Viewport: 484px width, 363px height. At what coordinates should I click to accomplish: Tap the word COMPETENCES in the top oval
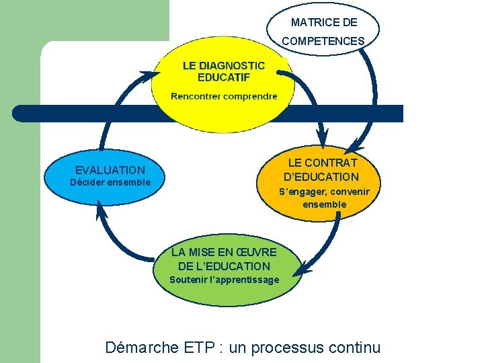(323, 42)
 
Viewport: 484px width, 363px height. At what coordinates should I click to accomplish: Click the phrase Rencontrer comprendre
(224, 96)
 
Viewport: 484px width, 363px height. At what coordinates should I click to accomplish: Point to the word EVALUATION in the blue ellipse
(110, 171)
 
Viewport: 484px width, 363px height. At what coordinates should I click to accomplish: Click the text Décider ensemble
(110, 183)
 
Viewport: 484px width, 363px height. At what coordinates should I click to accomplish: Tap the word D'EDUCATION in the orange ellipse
(321, 177)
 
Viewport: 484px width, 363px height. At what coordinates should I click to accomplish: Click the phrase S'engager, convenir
(324, 192)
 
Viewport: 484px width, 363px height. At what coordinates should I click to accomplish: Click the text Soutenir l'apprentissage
(224, 280)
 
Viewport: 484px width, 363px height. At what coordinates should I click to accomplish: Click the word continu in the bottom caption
(356, 348)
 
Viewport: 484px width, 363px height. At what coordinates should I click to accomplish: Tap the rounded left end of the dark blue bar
(19, 113)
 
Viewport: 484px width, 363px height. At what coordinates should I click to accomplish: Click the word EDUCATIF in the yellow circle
(224, 77)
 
